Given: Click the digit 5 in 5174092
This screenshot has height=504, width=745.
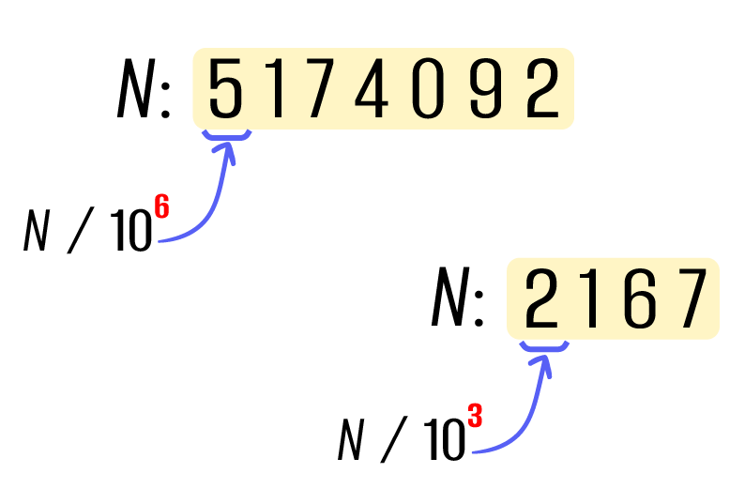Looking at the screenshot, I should [x=226, y=89].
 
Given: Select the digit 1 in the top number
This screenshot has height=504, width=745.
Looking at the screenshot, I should [x=277, y=89].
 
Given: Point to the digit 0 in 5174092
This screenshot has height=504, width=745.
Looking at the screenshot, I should [x=427, y=89].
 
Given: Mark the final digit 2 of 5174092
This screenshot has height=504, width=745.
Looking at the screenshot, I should [x=542, y=89].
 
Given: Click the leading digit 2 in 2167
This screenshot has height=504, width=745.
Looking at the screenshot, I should [x=541, y=299].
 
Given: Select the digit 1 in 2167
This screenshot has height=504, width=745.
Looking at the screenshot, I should [x=591, y=299].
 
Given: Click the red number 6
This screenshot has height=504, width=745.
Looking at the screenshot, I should [x=161, y=207].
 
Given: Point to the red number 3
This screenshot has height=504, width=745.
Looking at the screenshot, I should [x=476, y=416].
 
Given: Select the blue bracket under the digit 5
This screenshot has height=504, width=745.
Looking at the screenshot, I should [x=227, y=135].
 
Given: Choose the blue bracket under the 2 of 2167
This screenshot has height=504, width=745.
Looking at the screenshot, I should [x=544, y=346].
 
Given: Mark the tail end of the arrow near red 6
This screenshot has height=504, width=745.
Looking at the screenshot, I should [x=160, y=241].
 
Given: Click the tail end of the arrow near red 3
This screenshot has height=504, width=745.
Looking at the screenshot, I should [x=474, y=452].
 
